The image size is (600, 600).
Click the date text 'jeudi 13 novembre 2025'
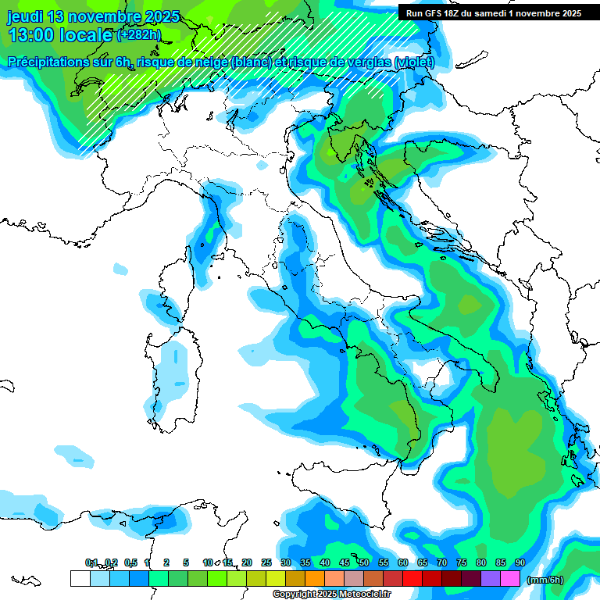[x=93, y=16]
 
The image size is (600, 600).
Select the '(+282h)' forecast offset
[x=139, y=35]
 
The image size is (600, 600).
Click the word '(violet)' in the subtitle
[x=414, y=62]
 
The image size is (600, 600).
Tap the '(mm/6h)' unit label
[x=545, y=580]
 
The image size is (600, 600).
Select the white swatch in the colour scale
[x=80, y=578]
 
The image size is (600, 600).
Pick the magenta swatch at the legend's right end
[x=510, y=578]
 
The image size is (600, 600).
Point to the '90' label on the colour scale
[x=520, y=562]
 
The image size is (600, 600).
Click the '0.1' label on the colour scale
[x=91, y=562]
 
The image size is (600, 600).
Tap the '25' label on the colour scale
[x=266, y=562]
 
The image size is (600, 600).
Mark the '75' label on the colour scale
[x=462, y=562]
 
